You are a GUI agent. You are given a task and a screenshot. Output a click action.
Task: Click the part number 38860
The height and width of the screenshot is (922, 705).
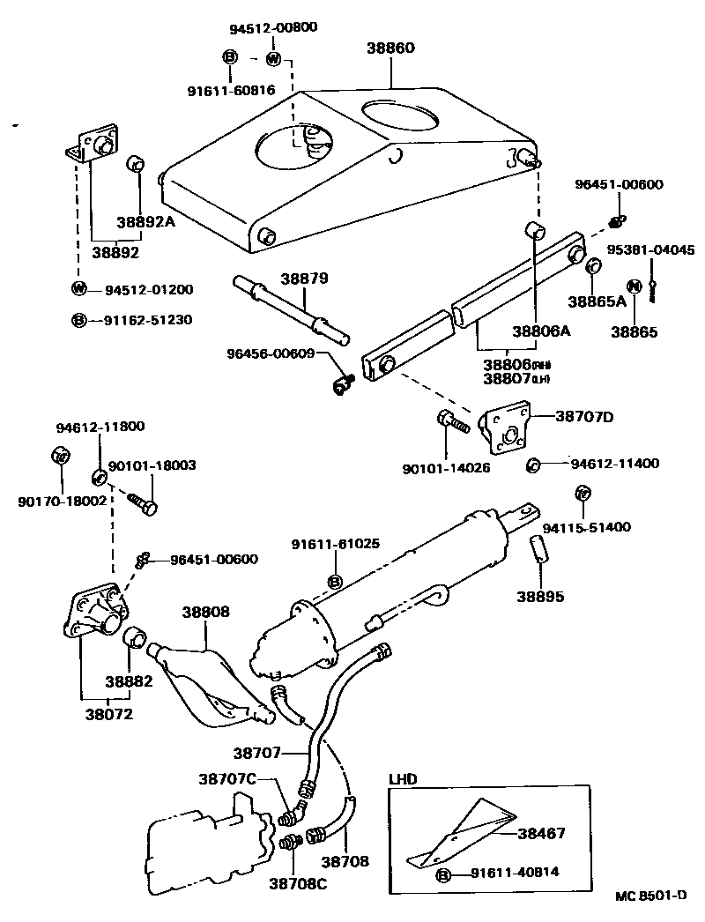coord(390,48)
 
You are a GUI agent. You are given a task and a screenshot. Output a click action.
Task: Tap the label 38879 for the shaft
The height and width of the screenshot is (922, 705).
coord(304,279)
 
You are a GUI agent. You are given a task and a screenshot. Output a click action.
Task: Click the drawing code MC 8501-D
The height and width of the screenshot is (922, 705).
coord(650,896)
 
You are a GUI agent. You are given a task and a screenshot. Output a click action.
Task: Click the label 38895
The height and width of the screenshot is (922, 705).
coord(540,597)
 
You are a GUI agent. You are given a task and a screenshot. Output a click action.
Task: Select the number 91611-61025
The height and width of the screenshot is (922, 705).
coord(335,544)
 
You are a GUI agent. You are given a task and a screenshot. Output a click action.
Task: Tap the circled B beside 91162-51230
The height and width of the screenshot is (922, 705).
coord(78,320)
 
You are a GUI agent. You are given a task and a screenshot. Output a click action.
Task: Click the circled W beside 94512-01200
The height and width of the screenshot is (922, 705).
coord(78,289)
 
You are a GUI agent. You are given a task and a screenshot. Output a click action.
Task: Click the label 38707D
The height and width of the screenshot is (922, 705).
coord(584,416)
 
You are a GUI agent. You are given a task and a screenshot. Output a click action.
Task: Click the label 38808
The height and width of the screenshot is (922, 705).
coord(206,610)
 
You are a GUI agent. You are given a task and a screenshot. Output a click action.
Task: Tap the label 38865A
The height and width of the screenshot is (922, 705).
coord(597,301)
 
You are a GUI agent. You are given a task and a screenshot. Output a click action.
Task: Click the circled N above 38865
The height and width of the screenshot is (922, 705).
coord(633,286)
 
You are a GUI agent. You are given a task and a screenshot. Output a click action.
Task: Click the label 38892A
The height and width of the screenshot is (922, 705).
coord(146,222)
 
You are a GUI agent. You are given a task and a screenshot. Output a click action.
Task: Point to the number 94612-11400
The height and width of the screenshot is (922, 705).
coord(602,463)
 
